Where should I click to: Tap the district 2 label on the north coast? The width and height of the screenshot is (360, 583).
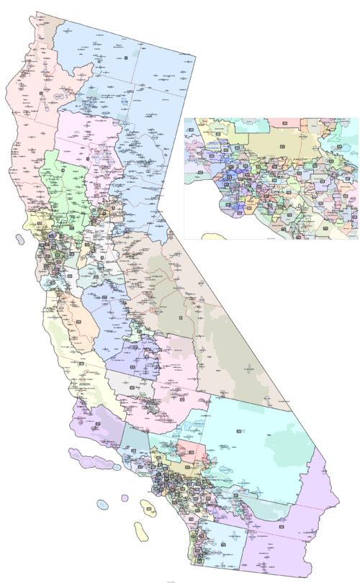pyautogui.click(x=41, y=93)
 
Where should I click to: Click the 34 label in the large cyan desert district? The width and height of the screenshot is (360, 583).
pyautogui.click(x=238, y=430)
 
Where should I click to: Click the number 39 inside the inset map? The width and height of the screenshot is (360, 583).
pyautogui.click(x=284, y=124)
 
